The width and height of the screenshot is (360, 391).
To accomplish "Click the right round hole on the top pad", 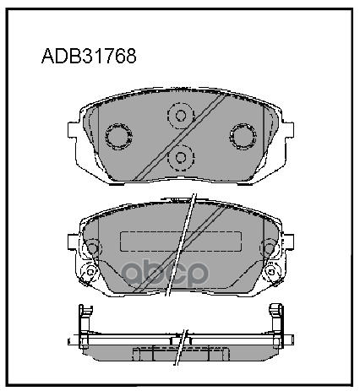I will (x=244, y=135).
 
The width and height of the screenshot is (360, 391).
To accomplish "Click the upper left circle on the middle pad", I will (x=92, y=247).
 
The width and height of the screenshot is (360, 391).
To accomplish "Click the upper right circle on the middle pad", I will (x=269, y=247).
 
